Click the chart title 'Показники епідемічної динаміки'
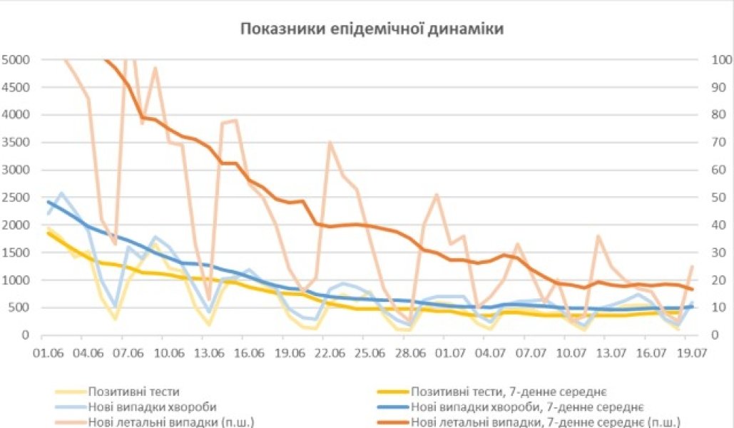[x=372, y=29]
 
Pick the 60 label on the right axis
[x=718, y=170]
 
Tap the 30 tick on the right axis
[x=718, y=253]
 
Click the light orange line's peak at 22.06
[x=329, y=142]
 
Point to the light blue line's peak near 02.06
[x=62, y=193]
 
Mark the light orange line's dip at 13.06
[x=209, y=300]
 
